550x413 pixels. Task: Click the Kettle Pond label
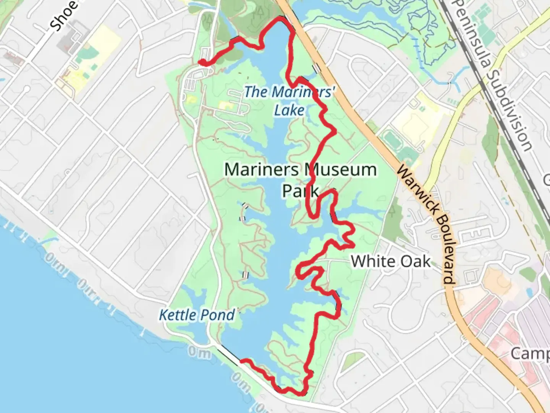[197, 315]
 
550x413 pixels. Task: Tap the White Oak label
[390, 262]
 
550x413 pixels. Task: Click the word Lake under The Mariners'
[289, 111]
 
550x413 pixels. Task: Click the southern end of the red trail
[241, 360]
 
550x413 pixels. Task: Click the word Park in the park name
[300, 190]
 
